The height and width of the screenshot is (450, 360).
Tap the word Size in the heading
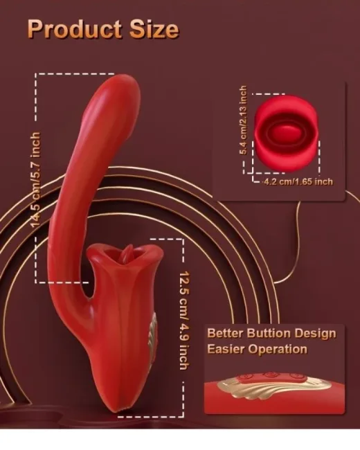[x=154, y=29]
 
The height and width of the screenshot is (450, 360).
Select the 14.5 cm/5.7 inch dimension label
[x=35, y=180]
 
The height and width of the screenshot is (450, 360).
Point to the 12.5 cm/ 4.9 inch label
[x=184, y=321]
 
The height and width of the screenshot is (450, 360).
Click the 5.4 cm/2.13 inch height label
[x=243, y=120]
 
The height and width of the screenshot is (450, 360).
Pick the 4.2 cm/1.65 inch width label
[x=298, y=181]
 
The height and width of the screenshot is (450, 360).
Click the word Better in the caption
[x=225, y=334]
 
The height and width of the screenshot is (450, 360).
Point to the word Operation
[x=278, y=350]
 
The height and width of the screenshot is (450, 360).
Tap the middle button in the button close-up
[x=270, y=375]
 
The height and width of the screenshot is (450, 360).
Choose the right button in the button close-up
[x=294, y=376]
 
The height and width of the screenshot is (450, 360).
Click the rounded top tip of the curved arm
[x=123, y=79]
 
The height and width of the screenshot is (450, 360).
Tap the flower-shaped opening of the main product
[x=125, y=251]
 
